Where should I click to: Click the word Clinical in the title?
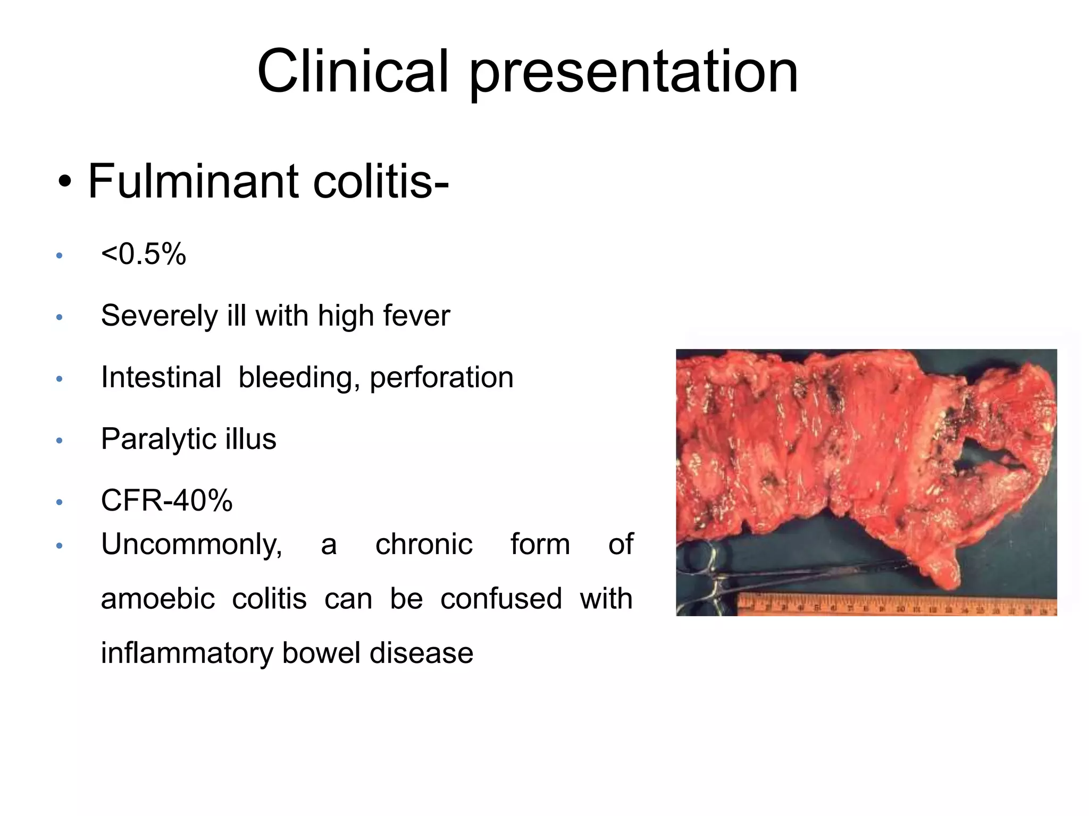pos(353,72)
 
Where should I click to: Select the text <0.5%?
pos(144,254)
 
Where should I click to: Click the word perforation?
pos(441,378)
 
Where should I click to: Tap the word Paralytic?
pos(158,439)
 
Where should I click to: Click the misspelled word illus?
pos(251,439)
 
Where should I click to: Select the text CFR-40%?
pos(166,500)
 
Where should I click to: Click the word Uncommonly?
pos(191,545)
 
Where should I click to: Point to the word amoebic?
pos(158,599)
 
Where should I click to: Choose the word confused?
pos(501,599)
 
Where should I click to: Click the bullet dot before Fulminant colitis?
pos(65,182)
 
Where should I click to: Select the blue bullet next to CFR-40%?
pos(60,502)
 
